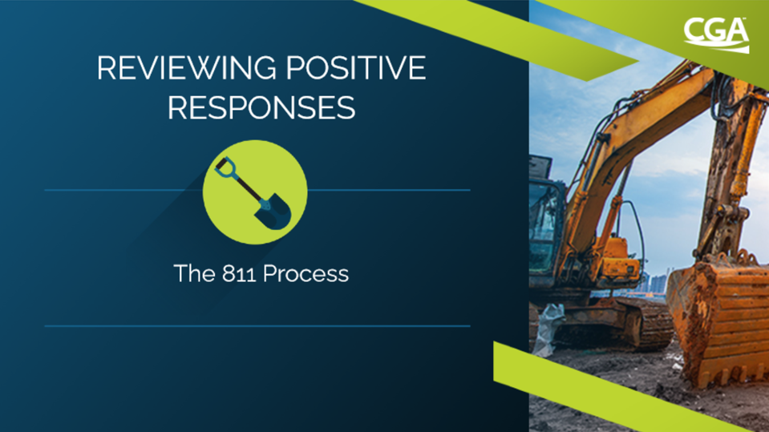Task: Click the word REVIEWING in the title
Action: pos(186,67)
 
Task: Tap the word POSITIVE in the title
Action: pos(355,67)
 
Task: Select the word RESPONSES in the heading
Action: pos(261,107)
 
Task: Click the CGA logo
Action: pos(716,34)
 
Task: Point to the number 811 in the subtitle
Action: pos(239,273)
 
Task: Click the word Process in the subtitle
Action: pos(306,273)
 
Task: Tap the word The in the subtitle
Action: pos(194,273)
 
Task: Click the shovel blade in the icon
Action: pos(274,212)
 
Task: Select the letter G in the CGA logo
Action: pos(716,32)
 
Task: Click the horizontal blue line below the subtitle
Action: pos(257,325)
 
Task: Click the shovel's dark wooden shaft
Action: pos(247,189)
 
